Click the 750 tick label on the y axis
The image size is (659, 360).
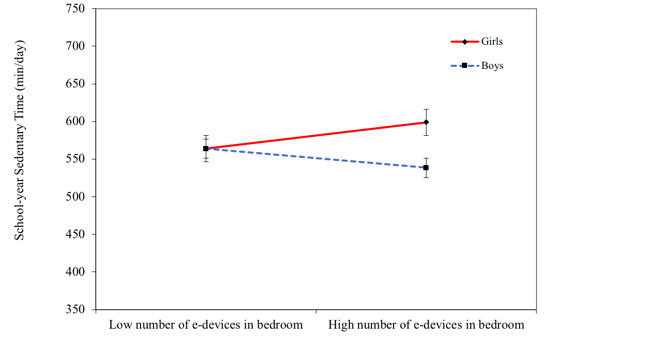75,9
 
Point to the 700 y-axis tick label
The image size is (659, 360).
75,46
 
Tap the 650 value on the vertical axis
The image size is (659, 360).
75,84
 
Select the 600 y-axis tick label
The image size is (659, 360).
75,121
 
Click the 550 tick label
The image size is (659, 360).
75,159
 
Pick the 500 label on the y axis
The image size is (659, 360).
75,196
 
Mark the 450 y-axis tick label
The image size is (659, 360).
75,234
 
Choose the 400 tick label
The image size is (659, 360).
75,272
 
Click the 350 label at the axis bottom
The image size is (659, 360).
75,309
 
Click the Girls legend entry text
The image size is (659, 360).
492,42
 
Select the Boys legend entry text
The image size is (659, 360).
492,66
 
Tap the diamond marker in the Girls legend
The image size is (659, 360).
465,42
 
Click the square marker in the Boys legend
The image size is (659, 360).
465,66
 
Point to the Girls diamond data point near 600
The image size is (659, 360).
426,122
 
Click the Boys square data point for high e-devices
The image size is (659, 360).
426,168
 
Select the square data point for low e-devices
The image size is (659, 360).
206,149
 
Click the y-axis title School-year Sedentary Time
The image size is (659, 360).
20,140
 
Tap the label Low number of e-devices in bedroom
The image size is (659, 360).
206,325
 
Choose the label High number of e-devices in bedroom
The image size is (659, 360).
426,325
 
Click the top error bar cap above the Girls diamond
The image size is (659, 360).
426,110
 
